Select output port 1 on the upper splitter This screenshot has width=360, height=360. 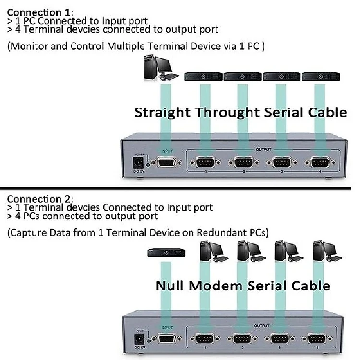[x=205, y=163]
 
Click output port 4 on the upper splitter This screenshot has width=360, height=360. [x=320, y=163]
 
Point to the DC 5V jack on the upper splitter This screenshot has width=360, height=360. [x=139, y=161]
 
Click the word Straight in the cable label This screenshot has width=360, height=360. [x=162, y=113]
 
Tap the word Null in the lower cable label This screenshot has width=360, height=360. [x=170, y=286]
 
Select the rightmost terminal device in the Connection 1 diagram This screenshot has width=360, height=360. [x=320, y=76]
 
